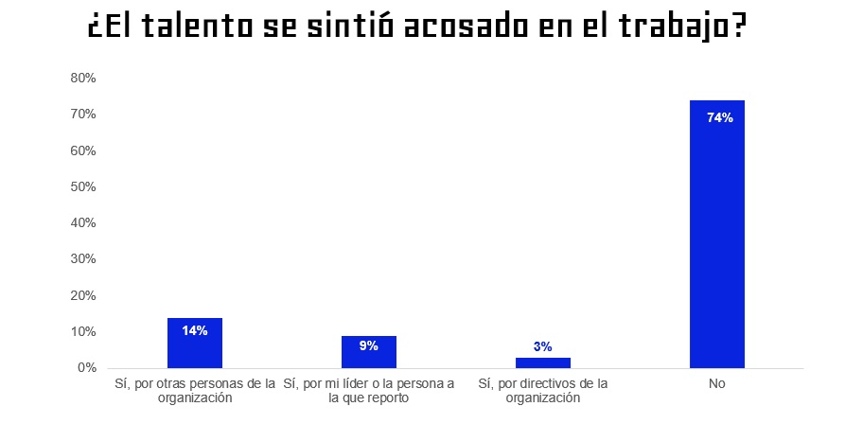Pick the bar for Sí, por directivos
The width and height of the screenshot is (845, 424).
point(542,362)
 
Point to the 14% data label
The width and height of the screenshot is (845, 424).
point(195,330)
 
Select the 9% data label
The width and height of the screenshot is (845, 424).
point(369,345)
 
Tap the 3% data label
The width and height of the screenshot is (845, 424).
point(542,347)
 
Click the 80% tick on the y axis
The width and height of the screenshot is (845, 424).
point(83,79)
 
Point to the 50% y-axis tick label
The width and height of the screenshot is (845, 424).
point(83,187)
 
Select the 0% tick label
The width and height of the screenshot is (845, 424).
point(87,368)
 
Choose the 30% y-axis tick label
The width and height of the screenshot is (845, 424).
point(83,259)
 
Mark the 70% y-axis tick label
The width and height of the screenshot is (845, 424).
point(83,115)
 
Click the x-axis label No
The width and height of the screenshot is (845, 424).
point(716,384)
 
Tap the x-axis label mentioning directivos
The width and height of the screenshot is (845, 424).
point(542,391)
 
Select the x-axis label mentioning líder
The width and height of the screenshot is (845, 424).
point(369,391)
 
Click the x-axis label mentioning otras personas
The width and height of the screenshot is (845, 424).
point(195,391)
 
